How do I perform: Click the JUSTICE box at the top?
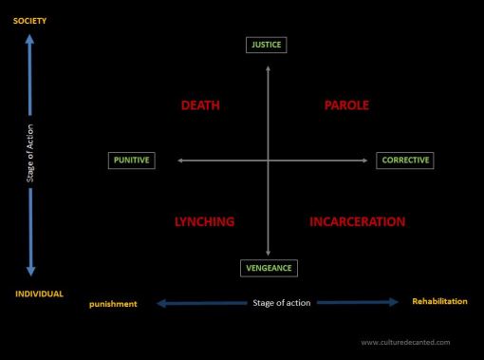coord(267,45)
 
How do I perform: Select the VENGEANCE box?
coord(268,268)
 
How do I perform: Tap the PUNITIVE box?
coord(132,161)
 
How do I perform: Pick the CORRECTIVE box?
coord(405,161)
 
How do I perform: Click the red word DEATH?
coord(200,105)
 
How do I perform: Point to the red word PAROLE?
coord(346,105)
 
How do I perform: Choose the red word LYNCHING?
coord(204,222)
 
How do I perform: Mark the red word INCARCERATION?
coord(358,222)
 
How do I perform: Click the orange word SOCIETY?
coord(29,21)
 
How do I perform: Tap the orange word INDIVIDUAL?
coord(39,294)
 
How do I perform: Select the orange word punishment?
coord(114,304)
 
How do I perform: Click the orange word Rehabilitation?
coord(439,301)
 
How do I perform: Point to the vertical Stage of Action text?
coord(30,157)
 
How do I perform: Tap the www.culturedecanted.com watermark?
coord(405,342)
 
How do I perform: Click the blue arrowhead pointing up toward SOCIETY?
coord(30,40)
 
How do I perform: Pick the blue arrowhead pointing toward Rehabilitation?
coord(392,303)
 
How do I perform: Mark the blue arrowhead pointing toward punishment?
coord(161,304)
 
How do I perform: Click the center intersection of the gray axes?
coord(268,161)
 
